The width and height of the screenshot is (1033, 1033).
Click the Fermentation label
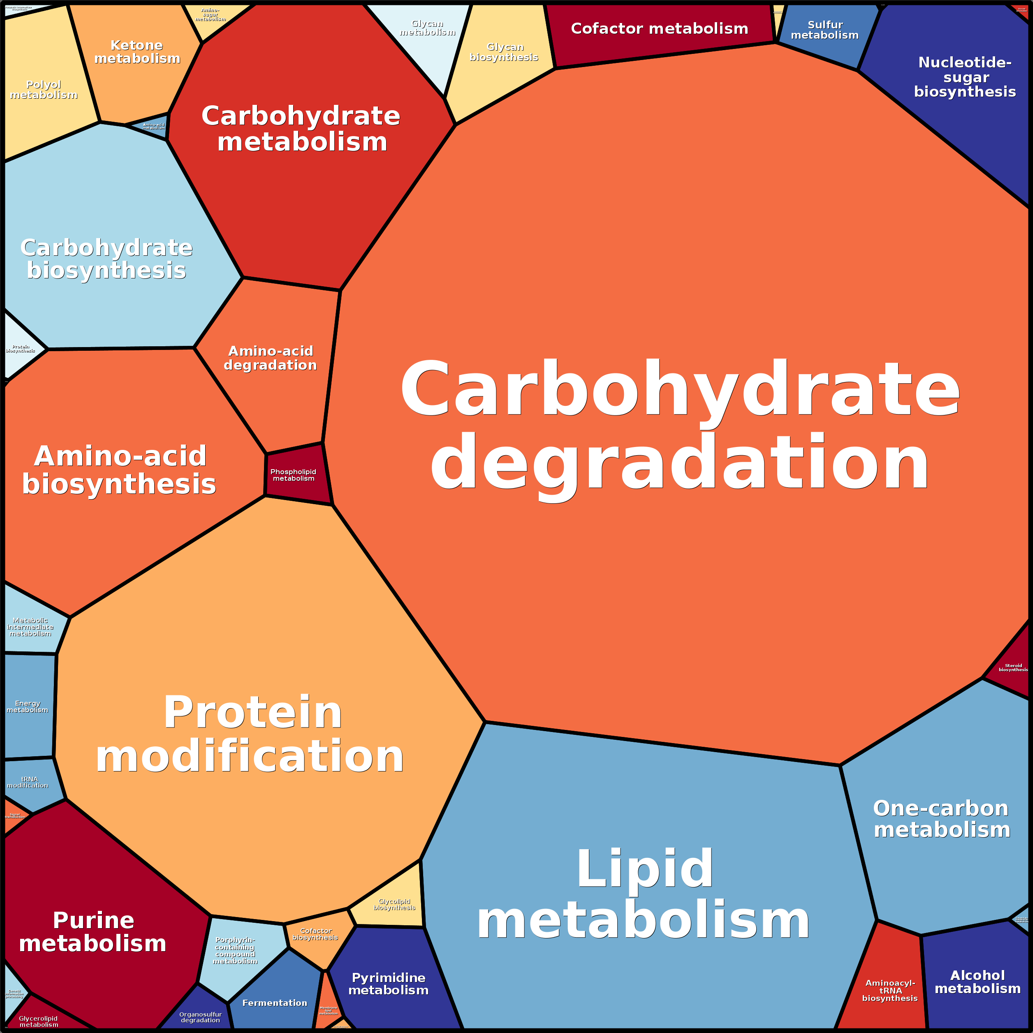coord(275,1003)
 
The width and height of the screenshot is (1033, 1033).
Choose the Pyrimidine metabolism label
coord(389,983)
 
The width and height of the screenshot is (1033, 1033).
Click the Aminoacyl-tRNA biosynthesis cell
coord(890,990)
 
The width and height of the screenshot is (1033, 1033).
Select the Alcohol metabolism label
coord(977,982)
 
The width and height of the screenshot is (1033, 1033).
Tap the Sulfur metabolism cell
coord(825,30)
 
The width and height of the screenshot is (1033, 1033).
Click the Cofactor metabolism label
coord(659,28)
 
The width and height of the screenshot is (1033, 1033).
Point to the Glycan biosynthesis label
coord(504,52)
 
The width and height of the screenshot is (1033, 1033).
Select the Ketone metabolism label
coord(137,52)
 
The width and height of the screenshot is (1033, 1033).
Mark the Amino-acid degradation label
coord(271,358)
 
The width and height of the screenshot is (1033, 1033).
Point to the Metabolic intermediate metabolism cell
coord(30,627)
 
